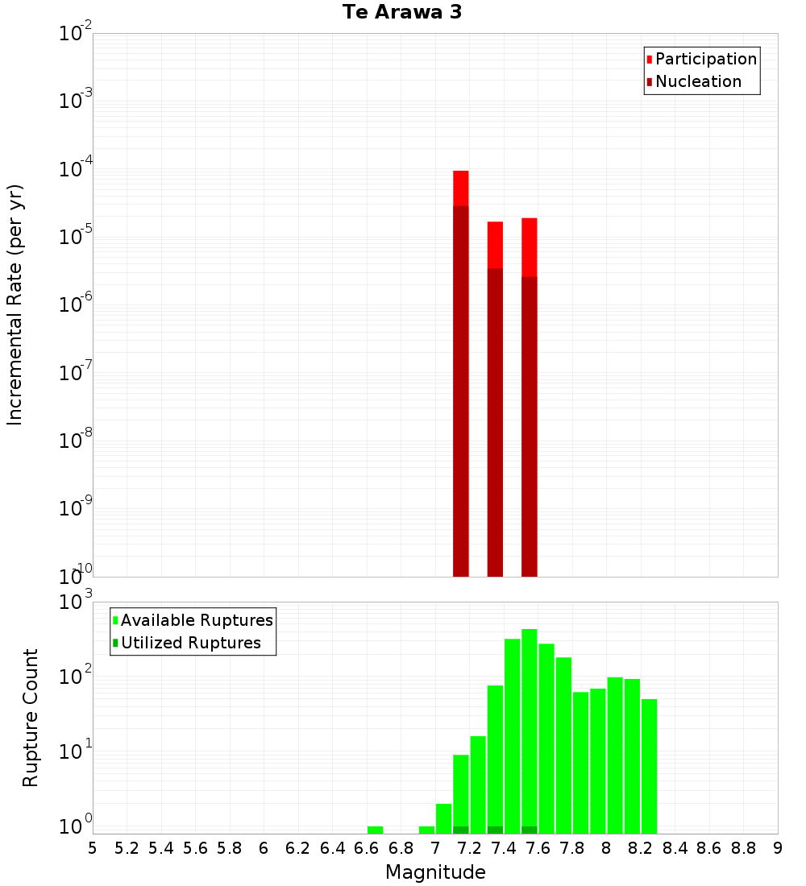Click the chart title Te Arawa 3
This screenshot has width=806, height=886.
click(402, 13)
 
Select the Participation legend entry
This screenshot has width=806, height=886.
click(705, 59)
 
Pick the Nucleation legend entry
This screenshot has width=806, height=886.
click(698, 81)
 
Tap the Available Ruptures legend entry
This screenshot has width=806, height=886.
click(197, 620)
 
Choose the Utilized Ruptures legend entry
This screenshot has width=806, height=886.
click(190, 643)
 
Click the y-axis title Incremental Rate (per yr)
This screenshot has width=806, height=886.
click(15, 304)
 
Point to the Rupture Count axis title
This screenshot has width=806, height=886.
click(31, 717)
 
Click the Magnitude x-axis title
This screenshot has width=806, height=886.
click(435, 872)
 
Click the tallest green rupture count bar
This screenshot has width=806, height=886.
click(530, 725)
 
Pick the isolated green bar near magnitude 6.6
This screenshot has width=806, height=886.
click(375, 830)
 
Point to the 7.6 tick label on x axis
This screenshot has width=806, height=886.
click(538, 848)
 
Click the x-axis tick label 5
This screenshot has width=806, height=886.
click(93, 848)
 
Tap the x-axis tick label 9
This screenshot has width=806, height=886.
click(778, 848)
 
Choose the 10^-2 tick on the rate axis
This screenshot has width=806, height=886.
click(77, 34)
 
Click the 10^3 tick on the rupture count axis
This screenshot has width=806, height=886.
click(77, 601)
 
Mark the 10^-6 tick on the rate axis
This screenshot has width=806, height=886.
click(77, 305)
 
